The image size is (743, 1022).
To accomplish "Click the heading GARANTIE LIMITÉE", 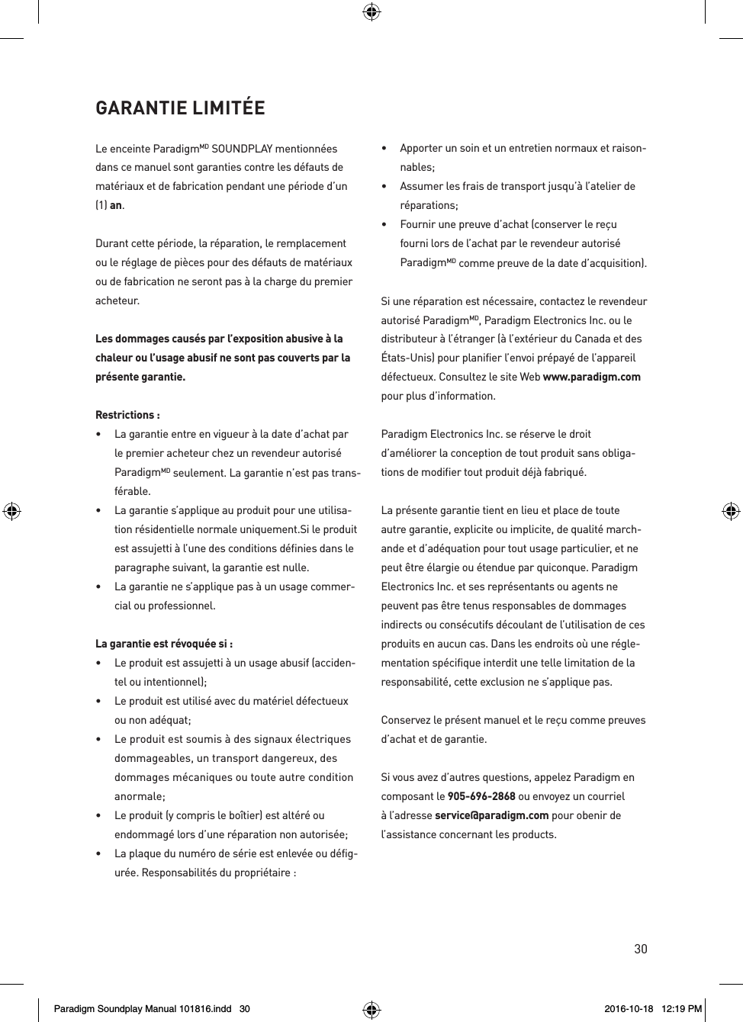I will (x=180, y=108).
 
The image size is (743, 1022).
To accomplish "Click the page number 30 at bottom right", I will (x=640, y=949).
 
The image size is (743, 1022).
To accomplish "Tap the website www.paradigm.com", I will (x=591, y=377).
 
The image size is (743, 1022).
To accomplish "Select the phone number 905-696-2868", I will (x=481, y=796).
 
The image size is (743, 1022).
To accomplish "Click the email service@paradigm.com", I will (x=491, y=815).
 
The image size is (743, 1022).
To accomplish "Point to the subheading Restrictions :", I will (x=127, y=415).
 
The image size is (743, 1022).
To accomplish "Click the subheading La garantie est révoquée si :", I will (x=164, y=644).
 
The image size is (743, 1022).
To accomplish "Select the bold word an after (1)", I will (x=116, y=205).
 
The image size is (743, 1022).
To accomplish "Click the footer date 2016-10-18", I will (x=629, y=1009).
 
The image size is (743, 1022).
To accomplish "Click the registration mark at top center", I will (x=371, y=11).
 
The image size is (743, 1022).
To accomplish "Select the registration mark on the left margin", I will (x=11, y=511).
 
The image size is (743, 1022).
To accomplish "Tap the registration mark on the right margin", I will (x=730, y=511).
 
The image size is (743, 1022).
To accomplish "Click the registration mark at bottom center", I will (x=371, y=1010).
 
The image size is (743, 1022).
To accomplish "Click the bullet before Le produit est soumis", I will (x=99, y=739).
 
